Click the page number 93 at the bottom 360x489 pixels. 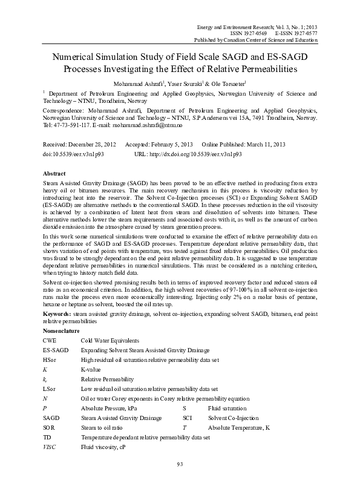click(x=180, y=464)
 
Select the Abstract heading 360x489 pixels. click(x=55, y=174)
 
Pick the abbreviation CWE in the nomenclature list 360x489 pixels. click(x=50, y=341)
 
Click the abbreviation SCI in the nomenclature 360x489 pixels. click(x=188, y=418)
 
